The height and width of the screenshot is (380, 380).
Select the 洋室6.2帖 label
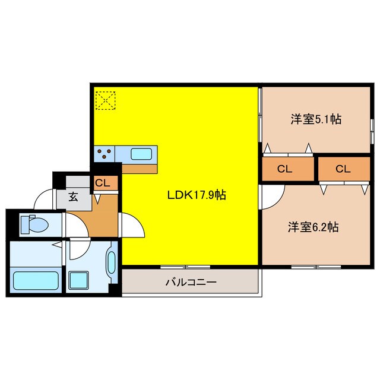(313, 227)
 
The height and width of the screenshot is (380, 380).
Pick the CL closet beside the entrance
(103, 183)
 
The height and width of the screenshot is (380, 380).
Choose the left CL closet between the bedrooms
(285, 169)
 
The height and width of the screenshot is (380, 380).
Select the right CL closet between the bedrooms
(343, 169)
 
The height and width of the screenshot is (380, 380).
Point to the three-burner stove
(105, 154)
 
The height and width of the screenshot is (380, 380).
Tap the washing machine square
(78, 280)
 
